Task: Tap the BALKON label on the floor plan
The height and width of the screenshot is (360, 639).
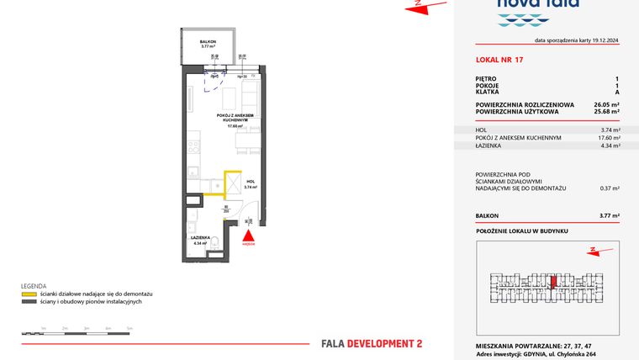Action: click(208, 41)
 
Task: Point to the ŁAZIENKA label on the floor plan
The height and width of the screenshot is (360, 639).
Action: click(199, 238)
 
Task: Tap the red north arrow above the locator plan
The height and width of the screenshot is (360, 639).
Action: click(594, 249)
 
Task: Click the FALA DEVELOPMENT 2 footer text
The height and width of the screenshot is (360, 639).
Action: click(372, 343)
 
